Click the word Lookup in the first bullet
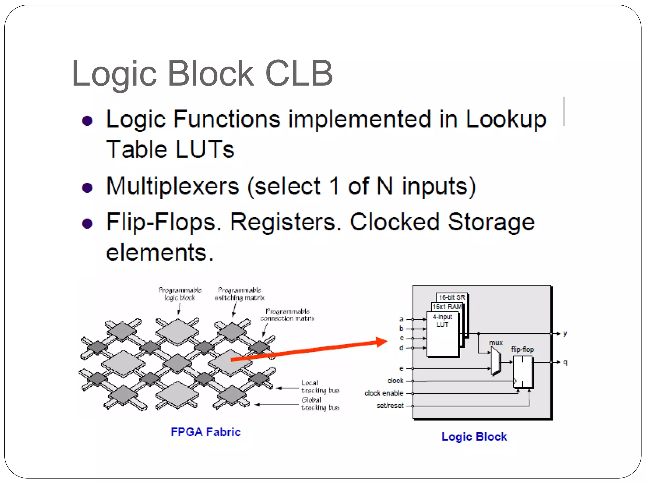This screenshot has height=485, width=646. [506, 119]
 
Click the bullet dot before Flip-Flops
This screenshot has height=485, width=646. [87, 224]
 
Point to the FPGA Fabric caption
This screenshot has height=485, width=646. [206, 432]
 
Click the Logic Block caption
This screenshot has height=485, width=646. [474, 436]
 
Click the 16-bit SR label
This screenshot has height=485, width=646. [452, 297]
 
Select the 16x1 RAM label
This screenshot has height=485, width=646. [447, 307]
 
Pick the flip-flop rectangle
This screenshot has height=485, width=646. [523, 372]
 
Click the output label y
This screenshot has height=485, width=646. [565, 333]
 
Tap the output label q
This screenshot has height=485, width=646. [565, 362]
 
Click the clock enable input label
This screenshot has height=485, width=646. [384, 393]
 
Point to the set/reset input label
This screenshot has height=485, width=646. [390, 405]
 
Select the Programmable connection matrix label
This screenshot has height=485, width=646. [287, 315]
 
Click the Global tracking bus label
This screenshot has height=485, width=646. [320, 404]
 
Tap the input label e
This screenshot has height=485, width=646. [401, 368]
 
